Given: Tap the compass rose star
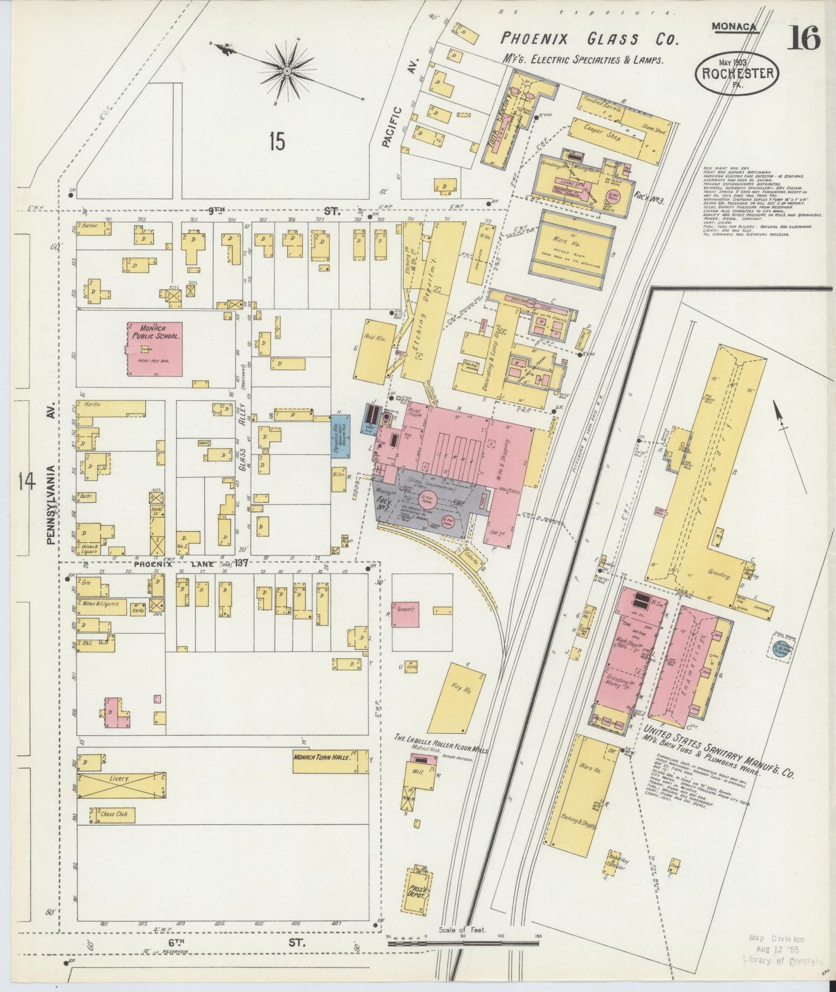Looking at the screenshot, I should click(x=287, y=71).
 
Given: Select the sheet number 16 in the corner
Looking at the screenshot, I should click(x=804, y=38).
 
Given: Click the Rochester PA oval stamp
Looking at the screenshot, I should click(x=737, y=75).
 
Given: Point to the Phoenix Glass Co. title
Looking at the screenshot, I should click(x=588, y=39).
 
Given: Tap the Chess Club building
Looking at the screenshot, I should click(x=113, y=815).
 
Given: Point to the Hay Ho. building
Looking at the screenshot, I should click(x=456, y=699).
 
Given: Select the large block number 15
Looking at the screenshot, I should click(x=277, y=141).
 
